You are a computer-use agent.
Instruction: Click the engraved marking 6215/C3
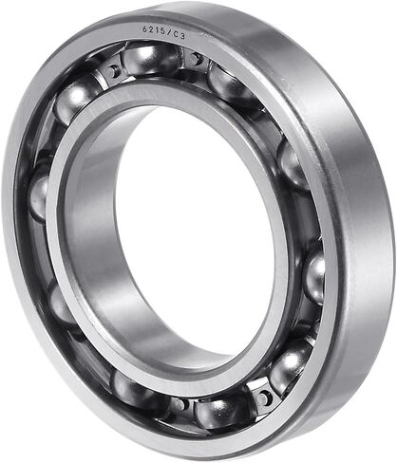163,32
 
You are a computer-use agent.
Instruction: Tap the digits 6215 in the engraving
154,31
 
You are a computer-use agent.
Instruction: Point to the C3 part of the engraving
178,35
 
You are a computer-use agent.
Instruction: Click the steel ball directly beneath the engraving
150,60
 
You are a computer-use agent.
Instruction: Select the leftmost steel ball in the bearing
39,196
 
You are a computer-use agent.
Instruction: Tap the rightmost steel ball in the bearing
315,276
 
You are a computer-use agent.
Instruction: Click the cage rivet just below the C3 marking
197,60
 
